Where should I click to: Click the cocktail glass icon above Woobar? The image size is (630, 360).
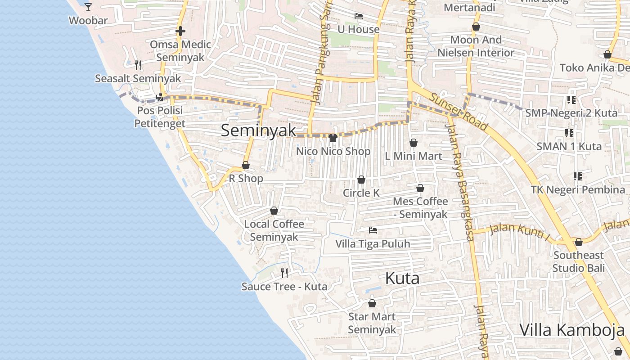[88, 7]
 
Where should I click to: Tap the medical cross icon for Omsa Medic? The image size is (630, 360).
[180, 31]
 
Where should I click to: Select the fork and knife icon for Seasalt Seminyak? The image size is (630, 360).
[138, 65]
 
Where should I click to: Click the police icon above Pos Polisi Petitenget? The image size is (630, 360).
[159, 97]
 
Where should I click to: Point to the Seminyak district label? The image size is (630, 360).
[258, 130]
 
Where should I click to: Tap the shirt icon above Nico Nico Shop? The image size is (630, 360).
[333, 138]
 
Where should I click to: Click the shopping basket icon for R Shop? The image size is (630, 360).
[246, 165]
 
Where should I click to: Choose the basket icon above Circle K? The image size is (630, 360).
[361, 180]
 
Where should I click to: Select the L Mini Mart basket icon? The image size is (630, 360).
[414, 143]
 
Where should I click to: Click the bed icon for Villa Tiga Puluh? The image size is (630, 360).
[373, 230]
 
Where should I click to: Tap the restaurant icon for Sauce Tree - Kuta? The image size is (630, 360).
[284, 273]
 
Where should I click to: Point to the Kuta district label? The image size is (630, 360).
[402, 278]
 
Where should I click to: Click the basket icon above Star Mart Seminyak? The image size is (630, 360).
[372, 303]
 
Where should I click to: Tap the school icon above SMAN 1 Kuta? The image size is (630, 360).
[569, 133]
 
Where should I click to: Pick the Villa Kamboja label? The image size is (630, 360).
[572, 330]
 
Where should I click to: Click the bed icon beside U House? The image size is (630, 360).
[359, 16]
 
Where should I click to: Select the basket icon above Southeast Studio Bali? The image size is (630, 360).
[579, 242]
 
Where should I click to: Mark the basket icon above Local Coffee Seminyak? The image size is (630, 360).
[274, 211]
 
